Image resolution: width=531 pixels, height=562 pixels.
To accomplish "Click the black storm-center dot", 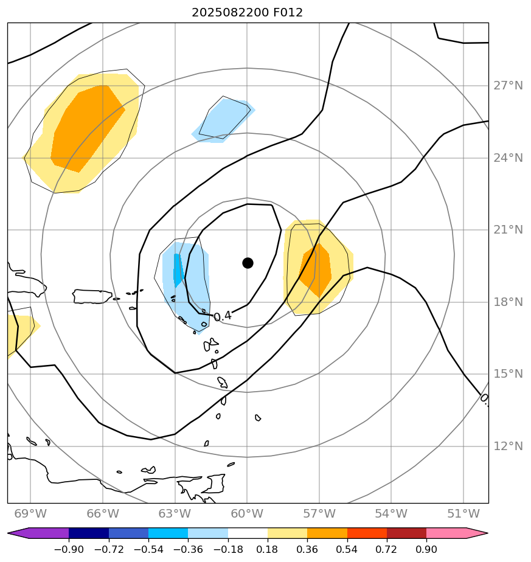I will pos(248,263).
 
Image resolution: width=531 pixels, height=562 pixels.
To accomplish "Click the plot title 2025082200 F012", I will pos(247,12).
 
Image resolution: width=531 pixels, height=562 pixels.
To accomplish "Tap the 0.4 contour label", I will pos(223,316).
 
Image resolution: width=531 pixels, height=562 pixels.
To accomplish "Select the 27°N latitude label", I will pos(508,86).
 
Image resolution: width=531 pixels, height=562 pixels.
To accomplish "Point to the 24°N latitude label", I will pos(508,158).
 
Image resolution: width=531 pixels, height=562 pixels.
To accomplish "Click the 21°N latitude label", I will pos(508,230).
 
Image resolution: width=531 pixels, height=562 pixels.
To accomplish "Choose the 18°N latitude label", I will pos(508,302).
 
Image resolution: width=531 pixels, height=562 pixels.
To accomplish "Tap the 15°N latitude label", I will pos(508,374).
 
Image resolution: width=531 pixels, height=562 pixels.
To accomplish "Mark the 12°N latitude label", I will pos(508,446).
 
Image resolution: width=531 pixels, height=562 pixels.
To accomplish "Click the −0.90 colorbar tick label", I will pos(68,550).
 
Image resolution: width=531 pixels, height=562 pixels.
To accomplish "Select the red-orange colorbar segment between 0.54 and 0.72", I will pos(367,533).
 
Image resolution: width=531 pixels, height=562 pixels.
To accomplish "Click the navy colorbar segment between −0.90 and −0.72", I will pos(89,533).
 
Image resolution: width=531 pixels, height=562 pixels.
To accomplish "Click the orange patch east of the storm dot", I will pos(316,271).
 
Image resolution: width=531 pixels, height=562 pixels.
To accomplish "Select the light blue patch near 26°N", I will pos(224,120).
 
